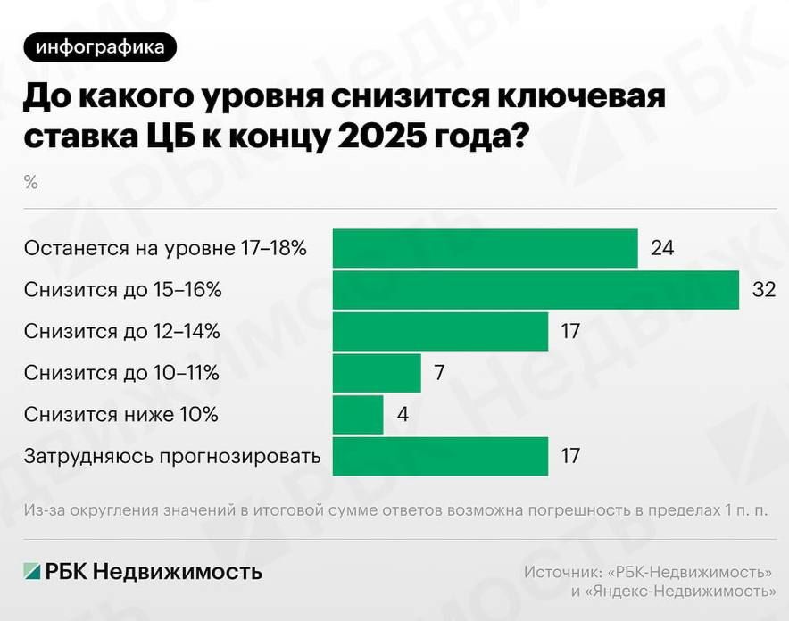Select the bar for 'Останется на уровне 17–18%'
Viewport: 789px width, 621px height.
(485, 248)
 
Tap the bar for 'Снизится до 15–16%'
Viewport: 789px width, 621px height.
(536, 290)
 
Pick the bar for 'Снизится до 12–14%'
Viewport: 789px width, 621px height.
(440, 331)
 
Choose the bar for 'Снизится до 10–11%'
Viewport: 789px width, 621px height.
(377, 373)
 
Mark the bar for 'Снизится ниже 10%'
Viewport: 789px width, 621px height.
(358, 415)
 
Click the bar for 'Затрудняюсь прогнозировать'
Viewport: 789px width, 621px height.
(440, 456)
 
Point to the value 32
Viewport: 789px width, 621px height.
(764, 290)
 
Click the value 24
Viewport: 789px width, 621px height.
(662, 248)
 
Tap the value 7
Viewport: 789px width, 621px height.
(439, 373)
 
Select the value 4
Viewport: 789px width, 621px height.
(402, 415)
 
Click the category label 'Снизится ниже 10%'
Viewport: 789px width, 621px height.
(121, 415)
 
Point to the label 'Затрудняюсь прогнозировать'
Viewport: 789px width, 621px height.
(172, 457)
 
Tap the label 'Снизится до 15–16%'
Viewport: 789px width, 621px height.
(123, 290)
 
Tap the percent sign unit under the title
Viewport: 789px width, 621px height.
(31, 183)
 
